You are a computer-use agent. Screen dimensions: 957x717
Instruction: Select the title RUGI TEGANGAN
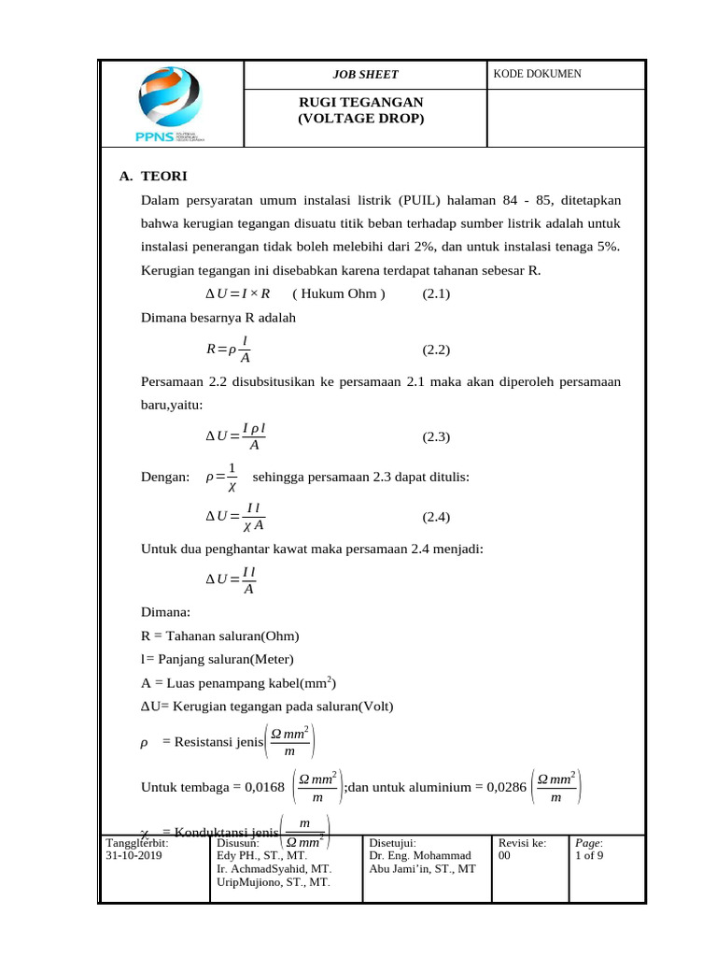(x=360, y=102)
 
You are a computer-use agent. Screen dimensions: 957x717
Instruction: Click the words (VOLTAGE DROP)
(x=360, y=119)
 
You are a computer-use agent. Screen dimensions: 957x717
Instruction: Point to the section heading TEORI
(x=163, y=176)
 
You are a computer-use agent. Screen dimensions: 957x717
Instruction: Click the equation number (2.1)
(x=436, y=294)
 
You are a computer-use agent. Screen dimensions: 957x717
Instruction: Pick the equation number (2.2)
(x=436, y=350)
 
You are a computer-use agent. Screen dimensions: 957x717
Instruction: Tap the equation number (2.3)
(x=436, y=436)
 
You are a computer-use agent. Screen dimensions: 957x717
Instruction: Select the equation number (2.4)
(x=436, y=517)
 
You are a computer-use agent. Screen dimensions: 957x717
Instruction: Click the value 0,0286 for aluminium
(x=499, y=787)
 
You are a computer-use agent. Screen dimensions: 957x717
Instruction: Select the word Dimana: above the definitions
(x=165, y=612)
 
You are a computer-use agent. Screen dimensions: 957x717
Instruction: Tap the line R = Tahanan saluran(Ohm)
(x=219, y=636)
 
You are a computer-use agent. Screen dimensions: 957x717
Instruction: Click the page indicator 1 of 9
(x=589, y=855)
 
